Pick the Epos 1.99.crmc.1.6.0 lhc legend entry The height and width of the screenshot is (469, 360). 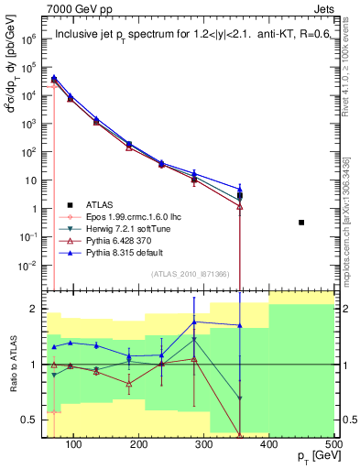124,218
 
